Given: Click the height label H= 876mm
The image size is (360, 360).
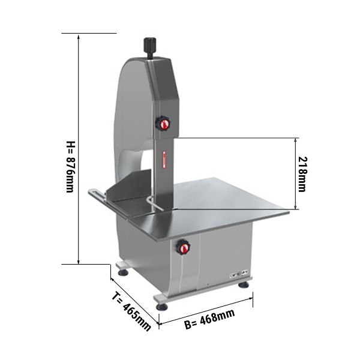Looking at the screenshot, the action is [x=70, y=167].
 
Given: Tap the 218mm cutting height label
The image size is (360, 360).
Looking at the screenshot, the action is [x=302, y=174].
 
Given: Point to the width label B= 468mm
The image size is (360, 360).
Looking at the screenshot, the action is [x=209, y=319].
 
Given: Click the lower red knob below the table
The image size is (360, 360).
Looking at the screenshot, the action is [x=183, y=247].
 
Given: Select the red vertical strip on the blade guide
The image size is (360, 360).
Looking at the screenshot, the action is [x=164, y=160].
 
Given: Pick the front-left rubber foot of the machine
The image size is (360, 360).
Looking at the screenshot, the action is [x=162, y=307].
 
